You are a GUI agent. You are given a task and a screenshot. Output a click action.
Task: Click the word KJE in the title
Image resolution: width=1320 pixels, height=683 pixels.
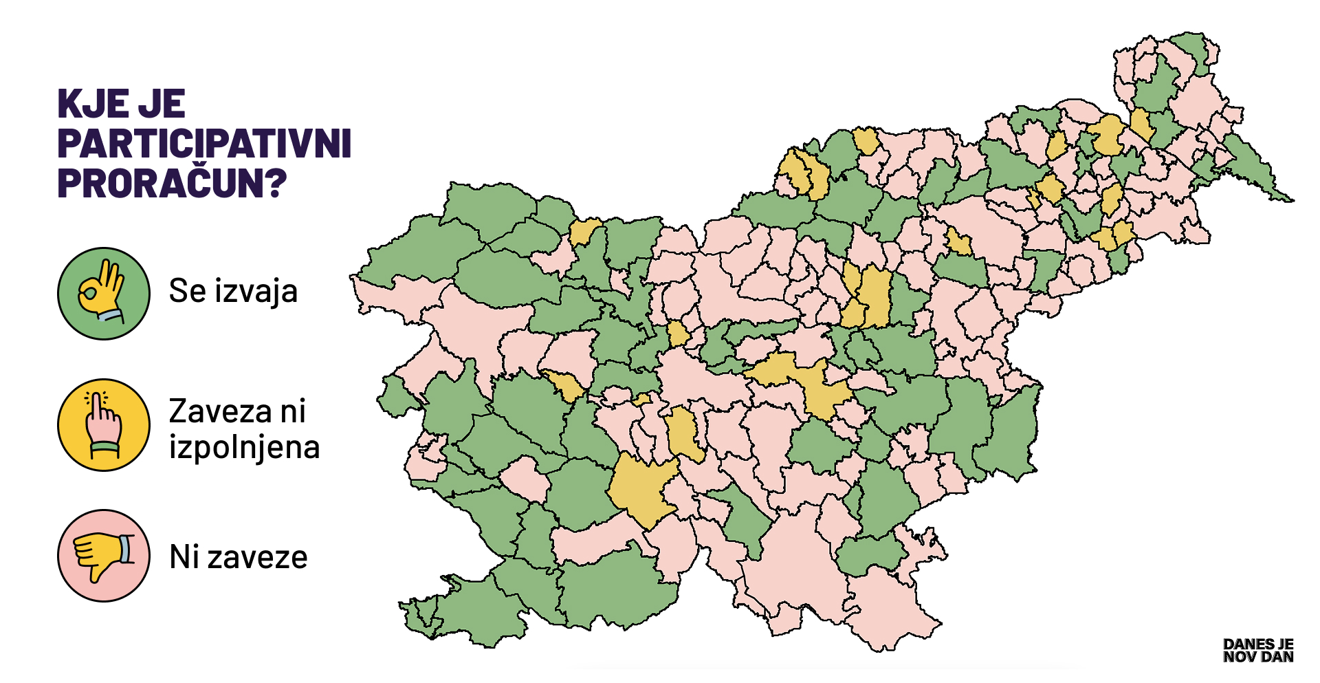click(x=92, y=105)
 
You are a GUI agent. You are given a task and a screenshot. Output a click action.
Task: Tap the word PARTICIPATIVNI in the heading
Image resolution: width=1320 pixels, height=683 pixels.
click(x=204, y=144)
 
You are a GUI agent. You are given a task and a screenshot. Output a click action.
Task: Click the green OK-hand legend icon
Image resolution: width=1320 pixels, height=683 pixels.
click(x=103, y=294)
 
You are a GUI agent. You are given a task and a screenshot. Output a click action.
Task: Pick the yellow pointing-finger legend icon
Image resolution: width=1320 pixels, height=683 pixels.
click(x=103, y=425)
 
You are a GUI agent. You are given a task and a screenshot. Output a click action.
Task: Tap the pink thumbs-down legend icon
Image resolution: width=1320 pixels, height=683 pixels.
click(x=103, y=556)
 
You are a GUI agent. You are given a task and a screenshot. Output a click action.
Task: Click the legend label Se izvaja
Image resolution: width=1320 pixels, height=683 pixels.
click(x=233, y=291)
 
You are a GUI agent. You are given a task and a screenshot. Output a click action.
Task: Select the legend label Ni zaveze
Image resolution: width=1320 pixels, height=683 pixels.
click(x=238, y=557)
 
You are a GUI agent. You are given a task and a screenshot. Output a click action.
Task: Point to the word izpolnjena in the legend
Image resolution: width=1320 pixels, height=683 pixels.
click(x=244, y=448)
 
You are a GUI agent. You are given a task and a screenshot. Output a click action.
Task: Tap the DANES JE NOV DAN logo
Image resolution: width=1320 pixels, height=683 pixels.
click(x=1257, y=651)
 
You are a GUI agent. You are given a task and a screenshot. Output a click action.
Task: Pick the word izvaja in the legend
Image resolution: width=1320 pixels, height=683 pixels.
click(x=256, y=292)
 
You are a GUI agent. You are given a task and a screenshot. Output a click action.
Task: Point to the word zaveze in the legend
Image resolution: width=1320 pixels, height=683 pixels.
click(x=257, y=558)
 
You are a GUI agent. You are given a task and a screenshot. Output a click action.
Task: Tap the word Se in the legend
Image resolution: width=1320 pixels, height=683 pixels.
click(x=187, y=291)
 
